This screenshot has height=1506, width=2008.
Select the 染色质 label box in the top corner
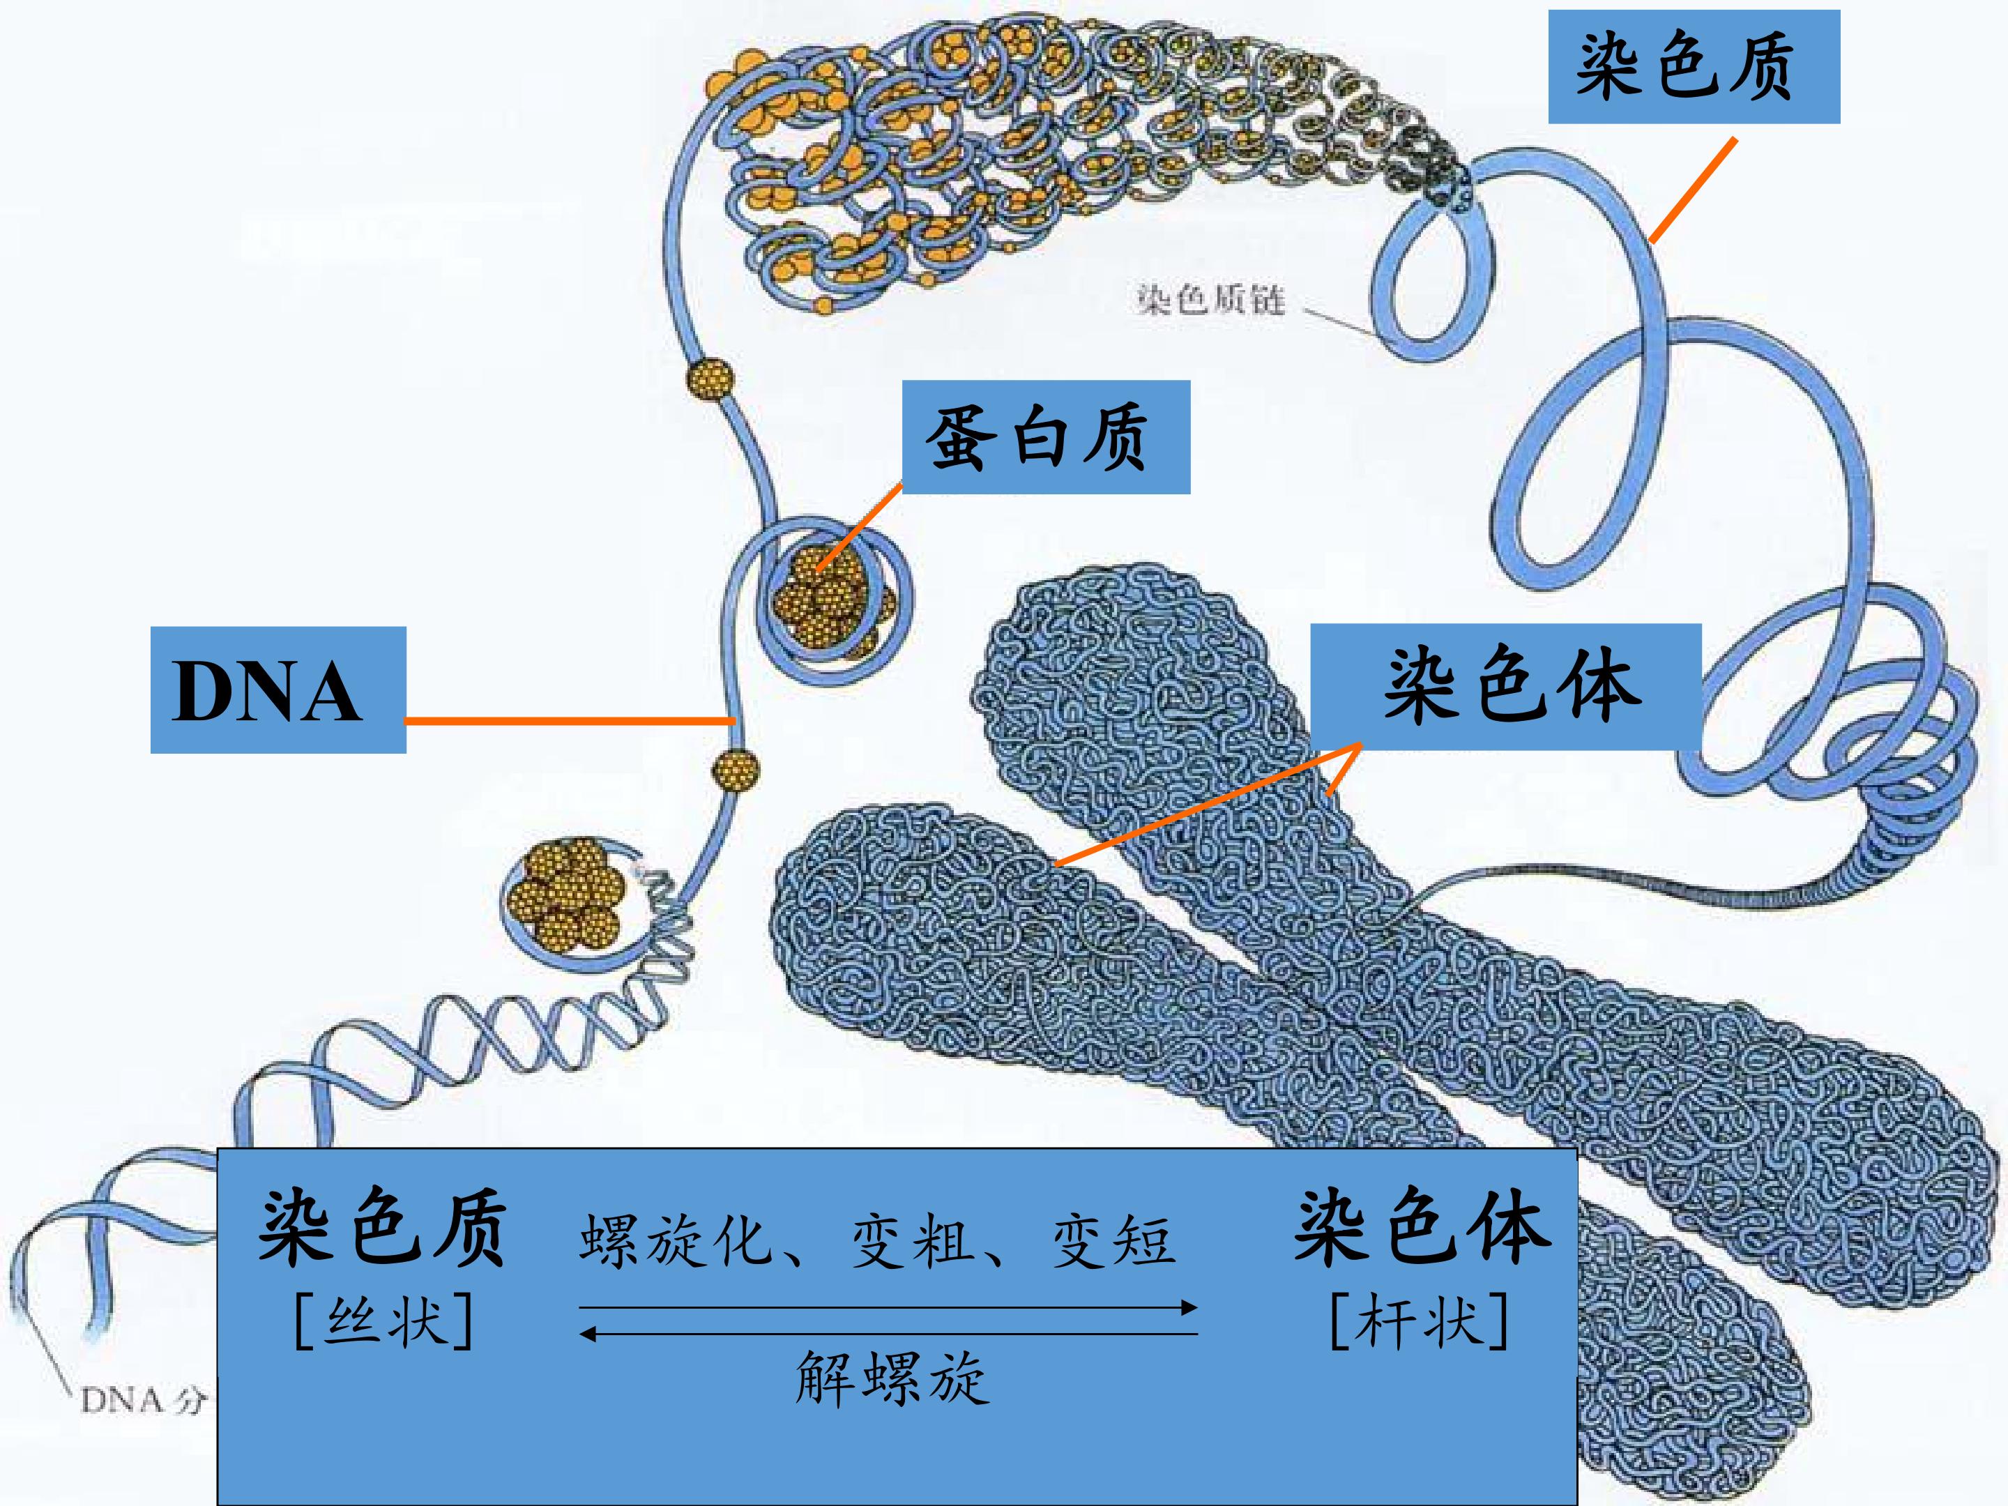tap(1694, 66)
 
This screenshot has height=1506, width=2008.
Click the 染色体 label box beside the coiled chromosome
tap(1505, 685)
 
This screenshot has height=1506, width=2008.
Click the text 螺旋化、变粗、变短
tap(877, 1240)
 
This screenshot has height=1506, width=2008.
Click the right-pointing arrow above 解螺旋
tap(888, 1308)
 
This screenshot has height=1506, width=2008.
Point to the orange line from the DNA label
tap(569, 722)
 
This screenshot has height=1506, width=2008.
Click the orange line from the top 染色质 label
tap(1693, 190)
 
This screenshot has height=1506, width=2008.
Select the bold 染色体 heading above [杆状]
tap(1422, 1227)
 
